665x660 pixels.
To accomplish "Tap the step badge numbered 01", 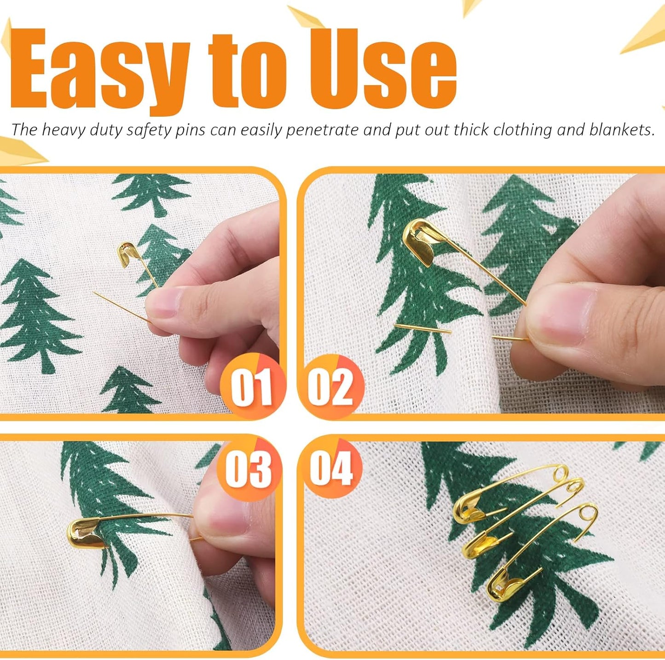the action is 251,387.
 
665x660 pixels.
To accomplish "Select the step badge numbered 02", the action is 330,387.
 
